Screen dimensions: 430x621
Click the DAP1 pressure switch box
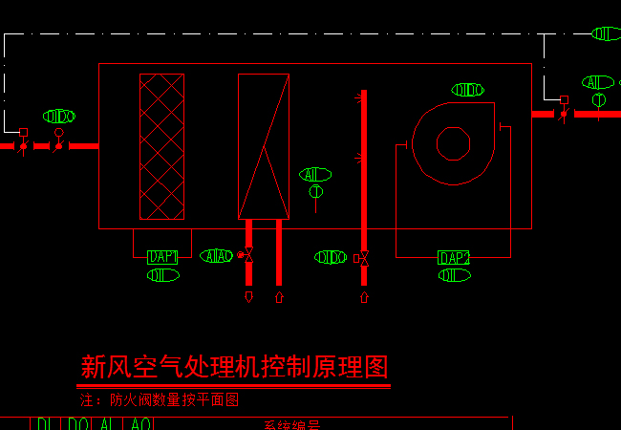click(162, 257)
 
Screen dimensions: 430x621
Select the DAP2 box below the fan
click(454, 258)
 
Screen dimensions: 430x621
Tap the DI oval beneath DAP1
click(162, 275)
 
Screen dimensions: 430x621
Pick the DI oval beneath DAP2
click(454, 275)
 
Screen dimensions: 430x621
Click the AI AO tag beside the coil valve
click(217, 256)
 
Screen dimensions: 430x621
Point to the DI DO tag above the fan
click(467, 90)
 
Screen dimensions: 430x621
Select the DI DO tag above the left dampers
click(59, 117)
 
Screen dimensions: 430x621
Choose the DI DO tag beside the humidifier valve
click(331, 257)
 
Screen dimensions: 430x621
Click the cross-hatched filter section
click(161, 146)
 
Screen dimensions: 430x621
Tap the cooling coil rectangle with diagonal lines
click(264, 146)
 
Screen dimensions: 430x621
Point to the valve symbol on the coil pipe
click(247, 255)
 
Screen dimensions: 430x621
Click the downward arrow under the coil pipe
click(248, 297)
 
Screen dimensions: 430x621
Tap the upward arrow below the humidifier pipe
click(364, 297)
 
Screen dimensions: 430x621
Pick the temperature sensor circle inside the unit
click(316, 192)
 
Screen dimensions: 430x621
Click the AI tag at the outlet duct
click(598, 82)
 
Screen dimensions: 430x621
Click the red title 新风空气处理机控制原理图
click(234, 367)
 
